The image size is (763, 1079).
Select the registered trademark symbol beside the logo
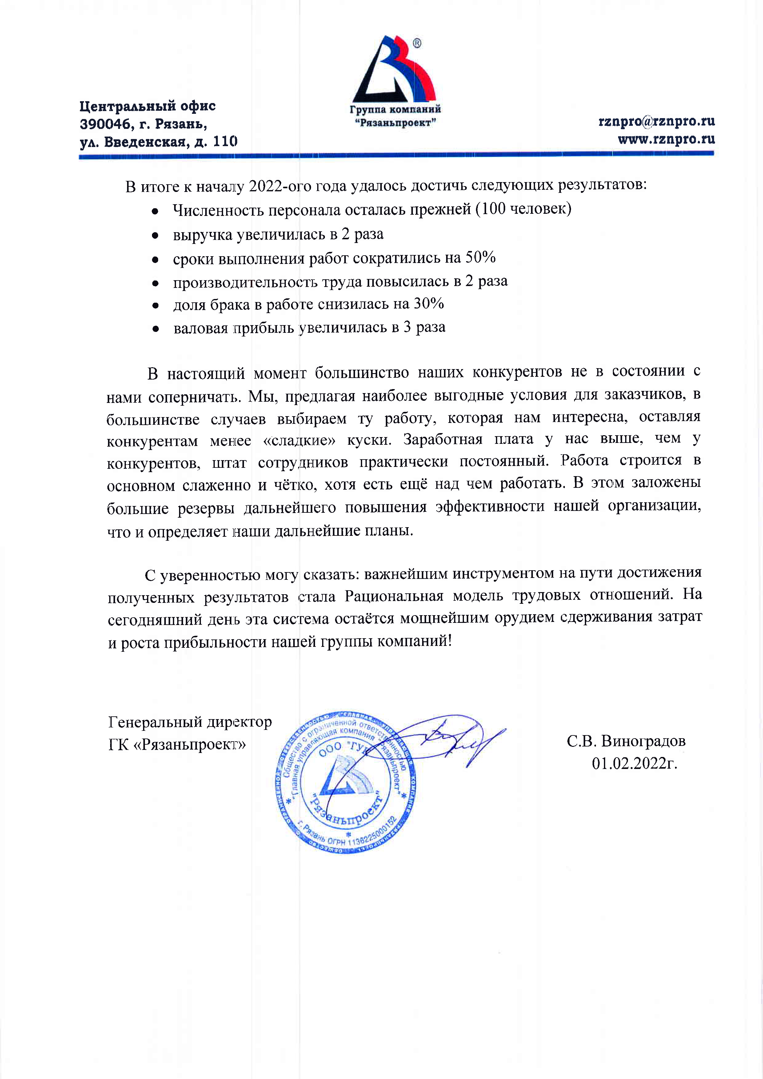point(417,44)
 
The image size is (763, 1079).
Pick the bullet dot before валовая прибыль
point(155,329)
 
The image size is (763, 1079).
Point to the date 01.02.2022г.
point(634,764)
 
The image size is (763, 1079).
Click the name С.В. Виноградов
point(626,741)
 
